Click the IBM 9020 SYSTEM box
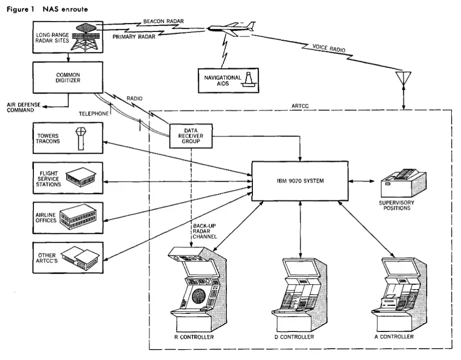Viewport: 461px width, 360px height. (x=300, y=180)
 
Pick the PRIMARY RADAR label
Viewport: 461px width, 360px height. (x=134, y=36)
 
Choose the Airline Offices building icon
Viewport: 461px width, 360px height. (x=79, y=217)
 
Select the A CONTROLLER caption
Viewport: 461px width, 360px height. (x=394, y=337)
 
